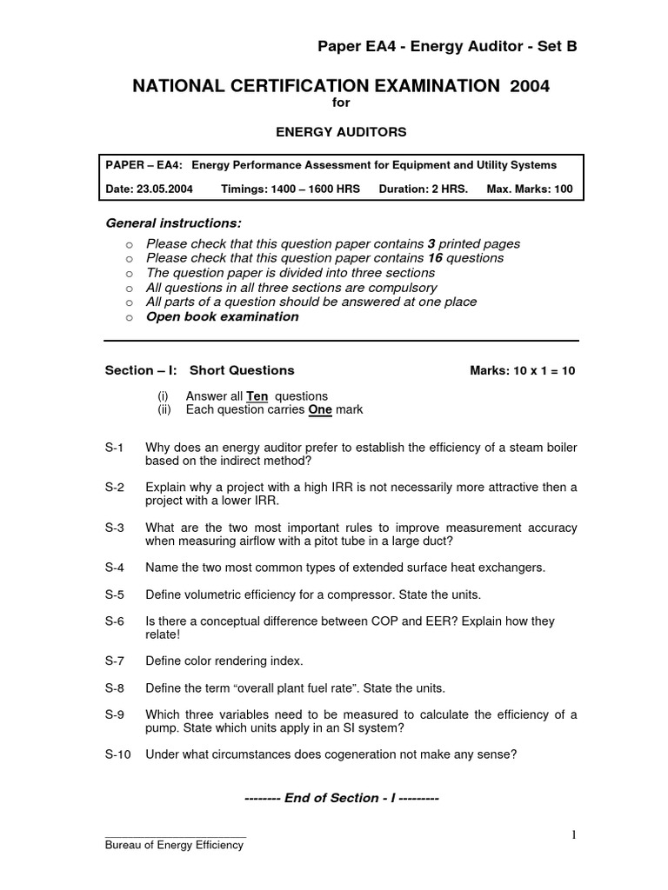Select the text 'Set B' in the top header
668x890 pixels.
(x=557, y=47)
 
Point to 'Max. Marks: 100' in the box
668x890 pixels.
(x=530, y=189)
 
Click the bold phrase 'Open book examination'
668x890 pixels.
(x=222, y=316)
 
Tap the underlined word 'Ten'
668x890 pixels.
(x=258, y=396)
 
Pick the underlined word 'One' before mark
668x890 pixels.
(x=322, y=409)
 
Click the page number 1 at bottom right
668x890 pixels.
(x=573, y=835)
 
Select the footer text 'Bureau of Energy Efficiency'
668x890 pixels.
(x=174, y=846)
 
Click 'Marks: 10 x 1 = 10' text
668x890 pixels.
(x=522, y=370)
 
